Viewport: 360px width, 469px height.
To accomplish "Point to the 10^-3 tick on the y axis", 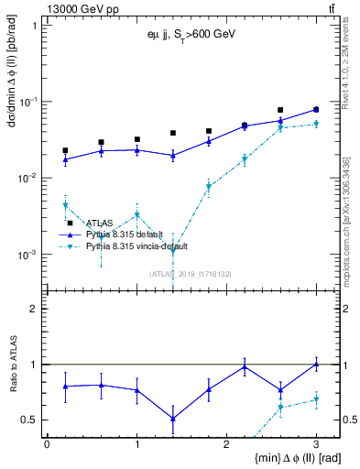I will pyautogui.click(x=27, y=255).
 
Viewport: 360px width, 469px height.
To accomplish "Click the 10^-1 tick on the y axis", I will pyautogui.click(x=27, y=102).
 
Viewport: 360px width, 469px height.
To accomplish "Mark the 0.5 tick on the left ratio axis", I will pyautogui.click(x=31, y=420).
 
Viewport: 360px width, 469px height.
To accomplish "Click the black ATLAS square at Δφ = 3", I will pyautogui.click(x=316, y=109).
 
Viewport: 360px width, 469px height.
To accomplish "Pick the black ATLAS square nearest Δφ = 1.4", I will pyautogui.click(x=172, y=133).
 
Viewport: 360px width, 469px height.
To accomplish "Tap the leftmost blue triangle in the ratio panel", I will pyautogui.click(x=65, y=387).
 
